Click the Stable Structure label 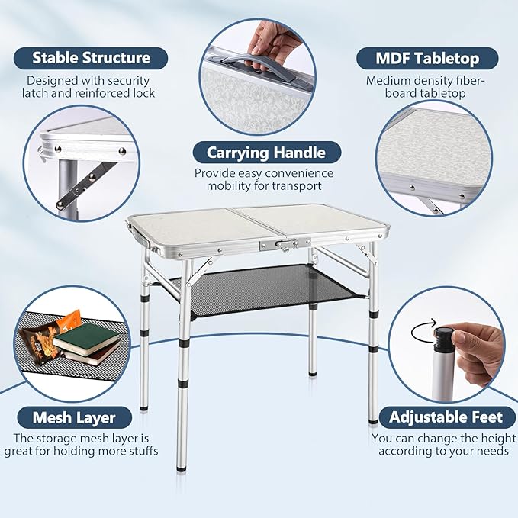click(x=91, y=58)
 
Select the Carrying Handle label click(x=259, y=152)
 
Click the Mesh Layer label click(x=74, y=417)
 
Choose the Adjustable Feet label click(x=446, y=417)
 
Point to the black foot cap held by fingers click(x=443, y=337)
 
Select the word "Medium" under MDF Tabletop click(x=387, y=79)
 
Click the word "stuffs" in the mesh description click(x=139, y=452)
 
